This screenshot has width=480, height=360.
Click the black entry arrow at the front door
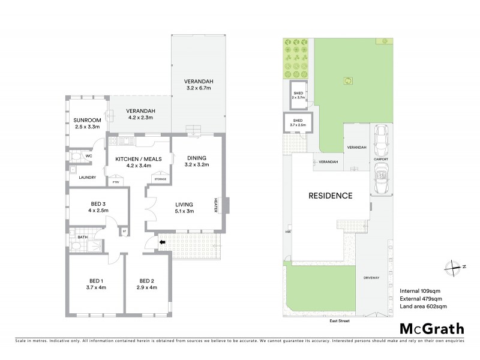point(162,242)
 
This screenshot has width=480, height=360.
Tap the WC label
point(88,156)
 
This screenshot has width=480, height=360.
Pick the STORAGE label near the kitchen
point(160,178)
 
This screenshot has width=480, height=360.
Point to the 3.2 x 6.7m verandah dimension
point(199,88)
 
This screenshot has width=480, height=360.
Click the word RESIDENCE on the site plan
point(330,196)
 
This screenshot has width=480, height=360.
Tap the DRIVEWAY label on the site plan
point(372,278)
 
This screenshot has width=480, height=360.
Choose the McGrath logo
point(431,328)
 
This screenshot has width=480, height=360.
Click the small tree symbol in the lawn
point(346,80)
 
